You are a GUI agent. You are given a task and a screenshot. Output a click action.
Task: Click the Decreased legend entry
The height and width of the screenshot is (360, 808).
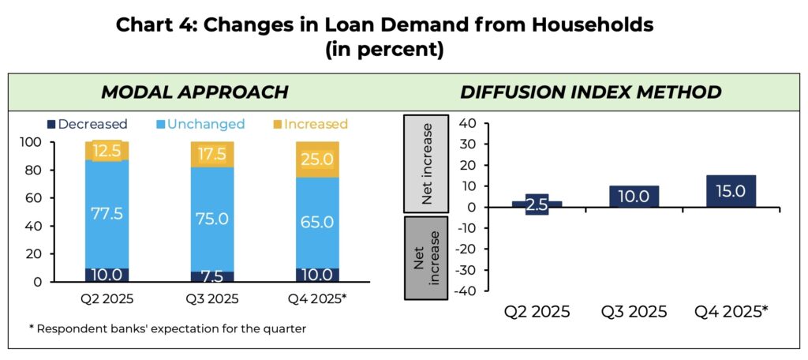tap(87, 124)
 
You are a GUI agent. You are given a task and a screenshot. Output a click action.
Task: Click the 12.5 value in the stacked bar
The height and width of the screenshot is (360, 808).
tap(107, 151)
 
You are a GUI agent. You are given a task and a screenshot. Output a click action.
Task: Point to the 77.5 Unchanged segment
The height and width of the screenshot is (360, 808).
tap(107, 214)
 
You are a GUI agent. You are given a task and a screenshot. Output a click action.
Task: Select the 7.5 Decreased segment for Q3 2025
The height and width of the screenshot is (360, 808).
tap(211, 276)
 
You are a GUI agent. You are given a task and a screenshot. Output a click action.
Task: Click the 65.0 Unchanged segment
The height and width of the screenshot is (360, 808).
tap(317, 223)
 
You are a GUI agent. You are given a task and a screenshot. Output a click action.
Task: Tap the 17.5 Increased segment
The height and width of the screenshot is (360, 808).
tap(211, 155)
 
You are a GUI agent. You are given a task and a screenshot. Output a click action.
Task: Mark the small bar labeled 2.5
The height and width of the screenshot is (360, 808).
tap(537, 204)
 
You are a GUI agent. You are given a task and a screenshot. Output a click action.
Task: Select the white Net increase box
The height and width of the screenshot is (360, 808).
tap(426, 163)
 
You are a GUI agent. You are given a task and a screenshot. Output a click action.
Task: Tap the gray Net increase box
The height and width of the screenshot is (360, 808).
tap(426, 257)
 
